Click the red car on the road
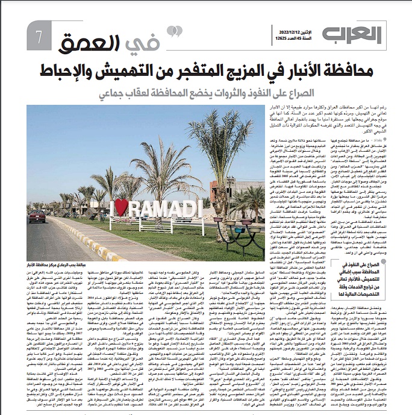point(37,216)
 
